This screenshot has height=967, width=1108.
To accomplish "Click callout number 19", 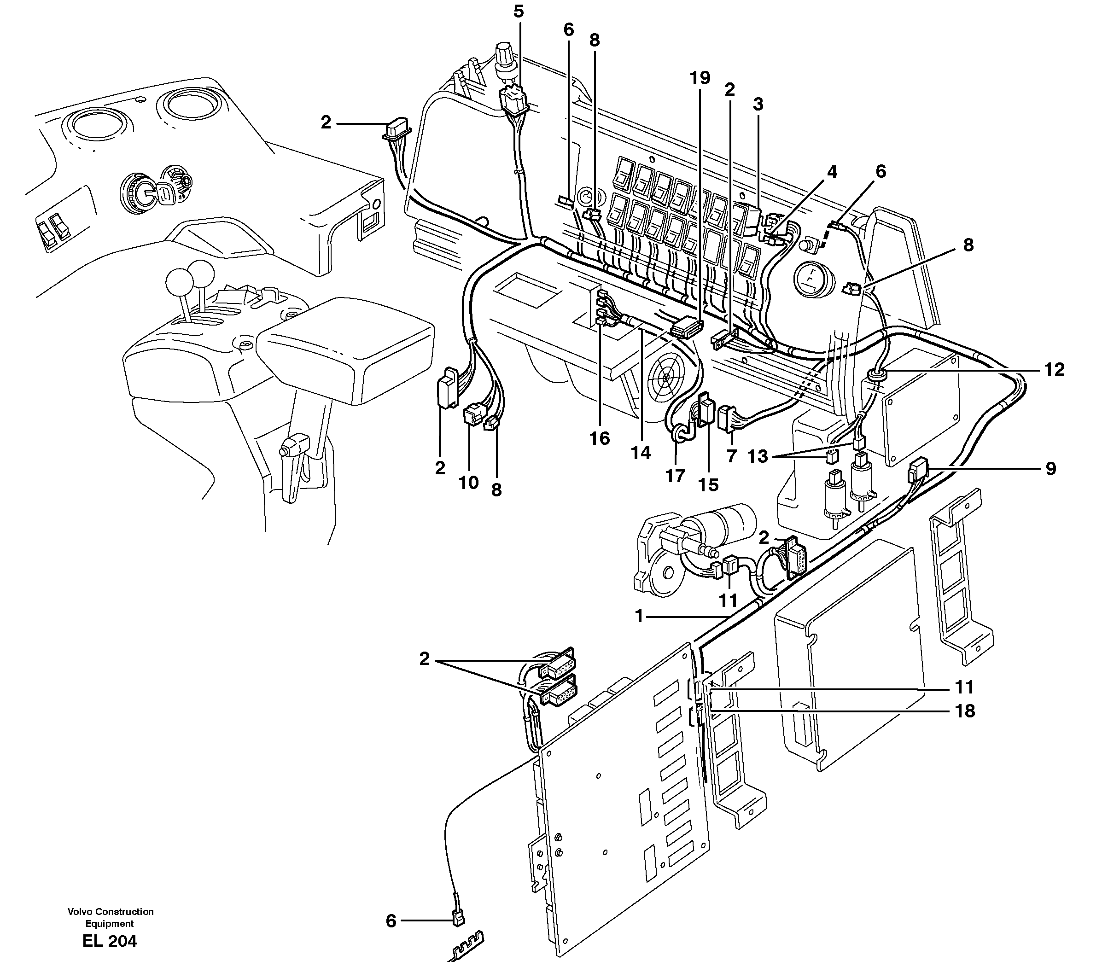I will click(700, 78).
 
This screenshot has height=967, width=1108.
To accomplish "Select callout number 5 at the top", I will click(518, 12).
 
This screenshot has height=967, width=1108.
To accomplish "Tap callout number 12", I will click(1054, 370).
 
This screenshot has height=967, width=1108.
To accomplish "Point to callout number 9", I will click(1050, 468).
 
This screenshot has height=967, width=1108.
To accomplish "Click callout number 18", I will click(964, 711).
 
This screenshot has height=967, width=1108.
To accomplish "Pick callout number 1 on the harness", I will click(640, 616).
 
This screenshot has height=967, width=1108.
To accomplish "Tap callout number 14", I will click(641, 453).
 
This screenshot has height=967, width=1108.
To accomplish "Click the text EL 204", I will click(110, 941).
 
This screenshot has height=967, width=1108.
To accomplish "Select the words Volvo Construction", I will click(110, 911).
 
